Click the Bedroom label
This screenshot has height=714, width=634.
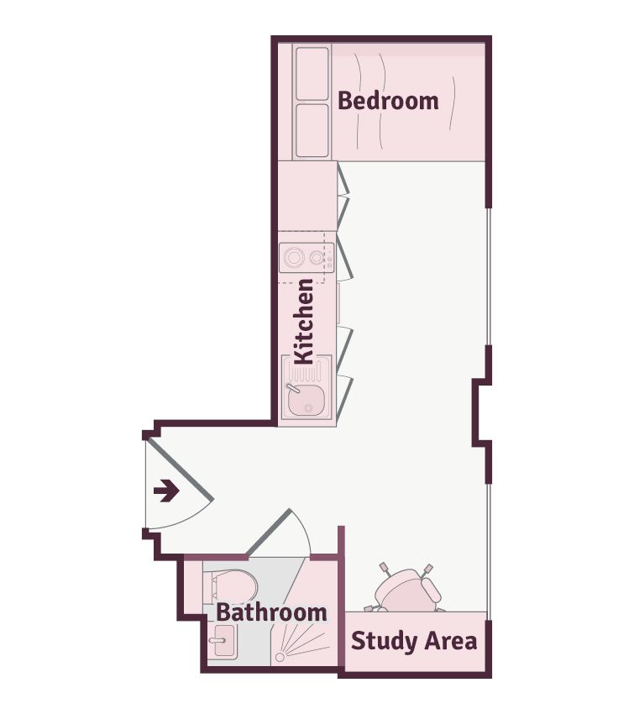[x=388, y=101]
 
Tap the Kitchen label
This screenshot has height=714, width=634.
[x=304, y=322]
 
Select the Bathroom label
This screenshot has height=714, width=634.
[x=271, y=612]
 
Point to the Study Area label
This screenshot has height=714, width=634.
[x=414, y=641]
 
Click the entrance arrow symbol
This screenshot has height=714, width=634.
[x=166, y=491]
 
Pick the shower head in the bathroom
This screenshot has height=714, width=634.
[x=280, y=657]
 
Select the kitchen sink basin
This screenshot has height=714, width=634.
[x=306, y=401]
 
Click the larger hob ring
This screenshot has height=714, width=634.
[x=294, y=257]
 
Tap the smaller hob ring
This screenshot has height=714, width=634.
[x=317, y=258]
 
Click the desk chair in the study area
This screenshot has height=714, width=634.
[x=406, y=589]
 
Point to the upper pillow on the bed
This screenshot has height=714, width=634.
[x=312, y=73]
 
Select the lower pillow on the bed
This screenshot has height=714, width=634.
[x=312, y=131]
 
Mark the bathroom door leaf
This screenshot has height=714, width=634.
[x=268, y=533]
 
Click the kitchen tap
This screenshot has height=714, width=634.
[x=292, y=388]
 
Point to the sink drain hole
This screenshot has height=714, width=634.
[x=309, y=408]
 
